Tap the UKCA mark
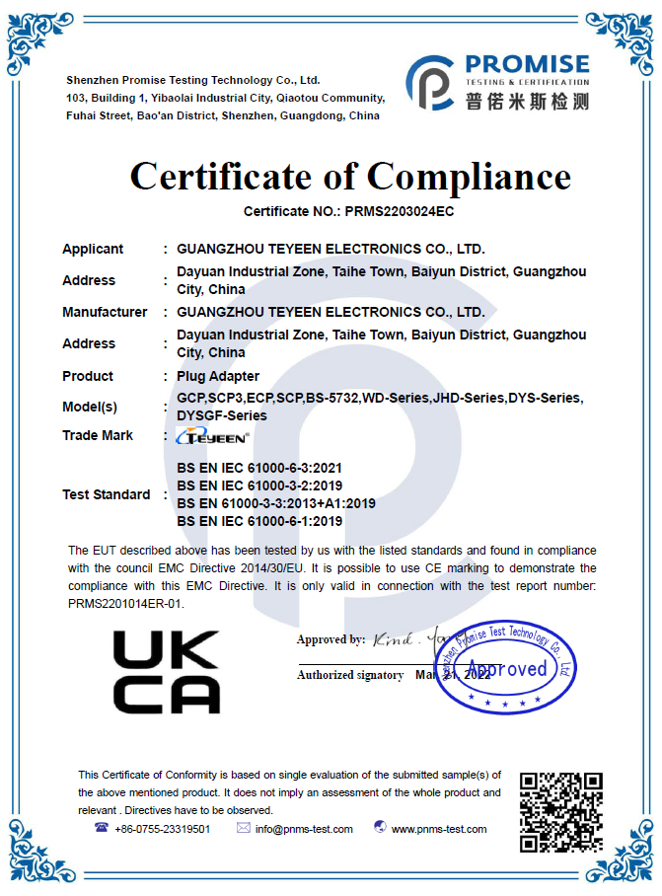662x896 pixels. tap(167, 671)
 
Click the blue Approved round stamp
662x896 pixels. tap(505, 668)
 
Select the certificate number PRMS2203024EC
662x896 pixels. tap(398, 211)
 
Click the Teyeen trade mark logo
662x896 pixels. tap(212, 435)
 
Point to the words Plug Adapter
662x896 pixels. tap(218, 376)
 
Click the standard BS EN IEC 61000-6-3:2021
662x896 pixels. tap(259, 468)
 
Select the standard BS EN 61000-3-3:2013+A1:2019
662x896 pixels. tap(276, 503)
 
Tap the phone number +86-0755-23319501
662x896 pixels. tap(162, 829)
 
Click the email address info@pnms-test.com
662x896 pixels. tap(304, 829)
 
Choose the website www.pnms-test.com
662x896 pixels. tap(439, 829)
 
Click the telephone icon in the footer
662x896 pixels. tap(101, 828)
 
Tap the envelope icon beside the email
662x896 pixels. tap(243, 828)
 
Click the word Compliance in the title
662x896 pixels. tap(469, 177)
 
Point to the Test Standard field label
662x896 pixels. tap(107, 494)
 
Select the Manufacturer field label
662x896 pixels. tap(105, 312)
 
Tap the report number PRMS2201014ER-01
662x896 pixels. tap(125, 604)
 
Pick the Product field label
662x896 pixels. tap(88, 376)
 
